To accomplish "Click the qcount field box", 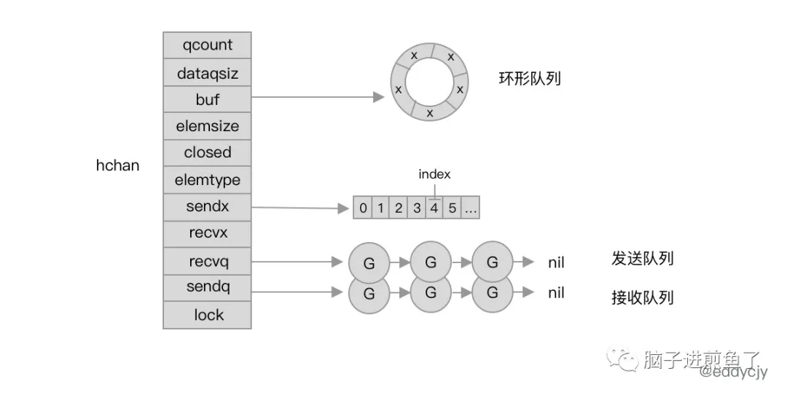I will coord(207,45).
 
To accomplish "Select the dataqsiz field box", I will coord(207,73).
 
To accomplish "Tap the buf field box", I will coord(207,99).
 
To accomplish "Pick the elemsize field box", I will coord(207,126).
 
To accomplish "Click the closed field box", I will coord(207,153).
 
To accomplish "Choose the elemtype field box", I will coord(207,180).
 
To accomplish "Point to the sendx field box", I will coord(207,207).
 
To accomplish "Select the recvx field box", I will coord(207,234).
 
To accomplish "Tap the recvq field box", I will coord(207,261).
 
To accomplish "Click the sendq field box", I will coord(207,288).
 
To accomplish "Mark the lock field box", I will coord(207,315).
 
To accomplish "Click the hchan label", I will coord(117,165).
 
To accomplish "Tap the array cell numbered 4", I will coord(434,208).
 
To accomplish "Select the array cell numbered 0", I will coord(363,208).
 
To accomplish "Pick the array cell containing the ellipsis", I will coord(471,208).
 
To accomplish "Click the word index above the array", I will coord(434,175).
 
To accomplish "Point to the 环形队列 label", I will coord(530,78).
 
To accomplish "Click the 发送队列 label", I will coord(642,259).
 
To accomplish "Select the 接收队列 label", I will coord(642,297).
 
